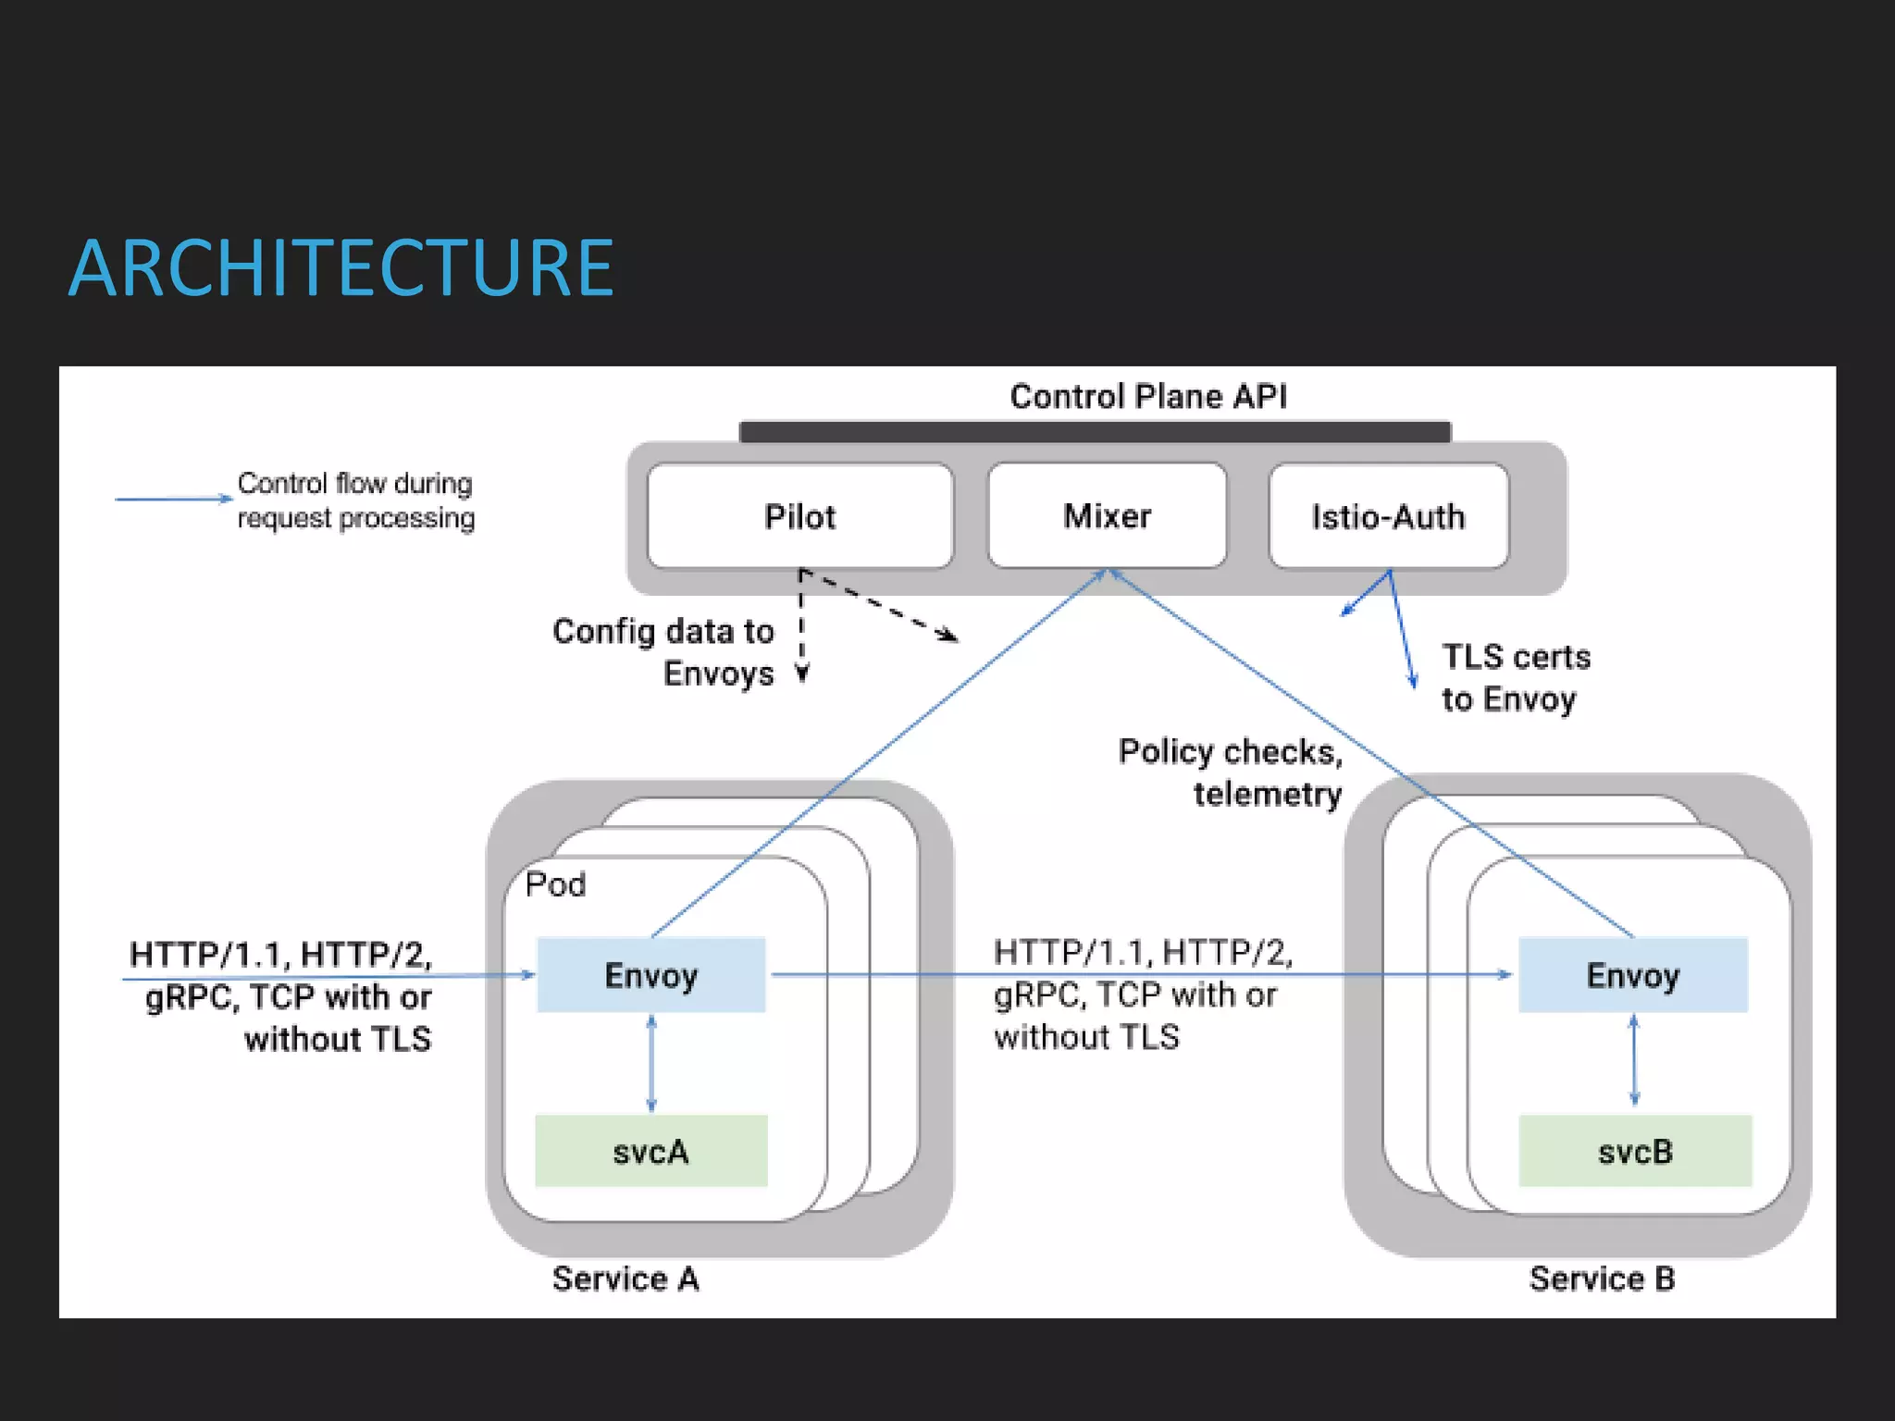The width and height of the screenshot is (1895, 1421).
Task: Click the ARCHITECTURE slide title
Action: (341, 268)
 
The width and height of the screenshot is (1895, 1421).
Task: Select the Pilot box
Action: (799, 516)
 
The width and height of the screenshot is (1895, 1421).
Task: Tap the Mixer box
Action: (1107, 515)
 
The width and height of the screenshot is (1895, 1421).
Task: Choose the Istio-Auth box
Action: (1388, 516)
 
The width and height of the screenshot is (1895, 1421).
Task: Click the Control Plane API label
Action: (1147, 397)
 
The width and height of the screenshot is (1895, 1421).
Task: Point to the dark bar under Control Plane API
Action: (1095, 432)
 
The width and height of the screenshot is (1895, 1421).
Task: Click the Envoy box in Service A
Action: (650, 975)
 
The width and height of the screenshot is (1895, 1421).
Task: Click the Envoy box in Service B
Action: (1632, 975)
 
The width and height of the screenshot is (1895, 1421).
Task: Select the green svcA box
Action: (650, 1152)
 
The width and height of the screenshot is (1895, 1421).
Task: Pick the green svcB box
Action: (1635, 1152)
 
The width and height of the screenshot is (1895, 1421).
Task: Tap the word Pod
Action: (555, 884)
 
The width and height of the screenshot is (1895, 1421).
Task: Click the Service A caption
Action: (625, 1279)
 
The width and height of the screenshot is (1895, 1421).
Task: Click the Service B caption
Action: (1602, 1279)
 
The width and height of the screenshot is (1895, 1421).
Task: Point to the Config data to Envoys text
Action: (664, 651)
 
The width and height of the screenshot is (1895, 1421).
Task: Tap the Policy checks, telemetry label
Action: (1231, 772)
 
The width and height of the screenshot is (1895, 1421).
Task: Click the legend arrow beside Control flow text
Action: (173, 499)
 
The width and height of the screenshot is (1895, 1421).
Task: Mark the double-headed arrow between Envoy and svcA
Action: (651, 1063)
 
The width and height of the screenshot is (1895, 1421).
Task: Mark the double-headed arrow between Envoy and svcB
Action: (1634, 1060)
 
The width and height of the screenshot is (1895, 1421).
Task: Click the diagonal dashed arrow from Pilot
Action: (879, 604)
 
